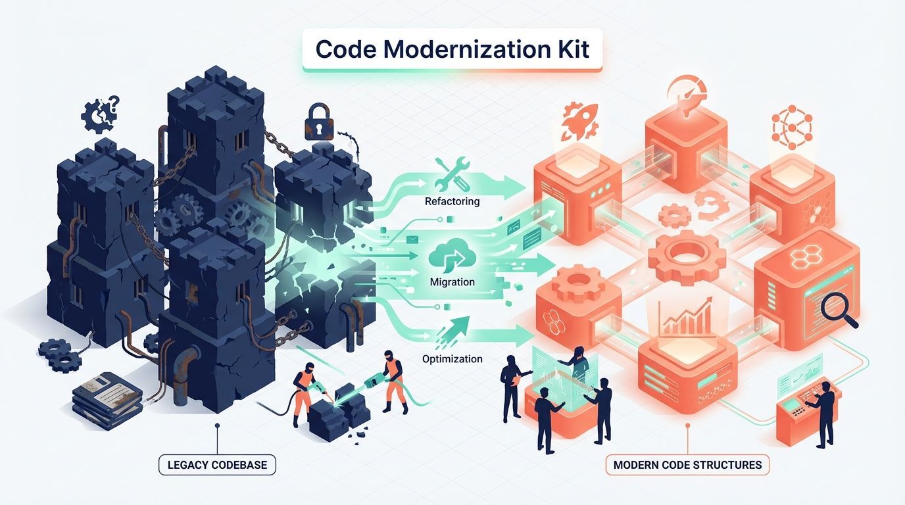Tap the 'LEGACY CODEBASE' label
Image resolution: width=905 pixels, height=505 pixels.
pyautogui.click(x=217, y=465)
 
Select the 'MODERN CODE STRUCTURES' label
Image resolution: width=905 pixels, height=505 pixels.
pyautogui.click(x=687, y=465)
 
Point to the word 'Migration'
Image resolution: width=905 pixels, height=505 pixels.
pyautogui.click(x=452, y=281)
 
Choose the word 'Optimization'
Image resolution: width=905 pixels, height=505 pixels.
pyautogui.click(x=452, y=359)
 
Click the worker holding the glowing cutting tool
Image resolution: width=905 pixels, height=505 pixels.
pyautogui.click(x=392, y=378)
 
